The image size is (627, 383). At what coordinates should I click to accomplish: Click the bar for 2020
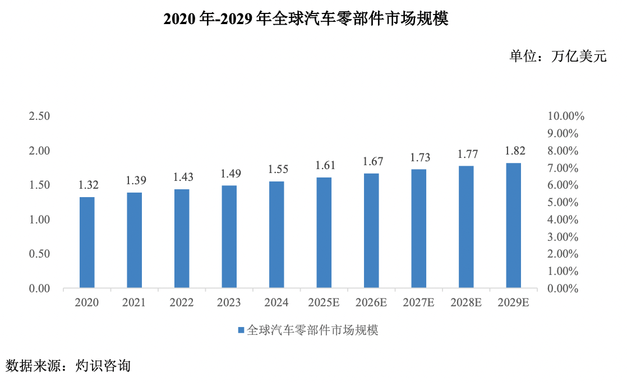87,242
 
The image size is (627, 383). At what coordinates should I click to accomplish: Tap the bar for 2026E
371,231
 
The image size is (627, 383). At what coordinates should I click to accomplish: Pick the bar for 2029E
513,226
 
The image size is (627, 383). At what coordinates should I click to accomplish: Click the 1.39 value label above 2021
134,180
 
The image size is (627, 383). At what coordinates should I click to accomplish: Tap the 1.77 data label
466,154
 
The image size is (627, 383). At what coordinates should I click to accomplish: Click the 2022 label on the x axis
182,303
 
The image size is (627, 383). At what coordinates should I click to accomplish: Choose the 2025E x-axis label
324,303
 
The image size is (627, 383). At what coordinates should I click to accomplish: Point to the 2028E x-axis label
466,303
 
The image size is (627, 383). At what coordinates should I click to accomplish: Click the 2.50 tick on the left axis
40,116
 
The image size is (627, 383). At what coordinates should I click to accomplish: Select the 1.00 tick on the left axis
40,220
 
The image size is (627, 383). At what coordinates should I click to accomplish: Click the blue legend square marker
241,330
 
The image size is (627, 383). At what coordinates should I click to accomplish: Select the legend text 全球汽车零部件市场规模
312,330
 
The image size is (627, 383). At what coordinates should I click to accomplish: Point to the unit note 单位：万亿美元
557,56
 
